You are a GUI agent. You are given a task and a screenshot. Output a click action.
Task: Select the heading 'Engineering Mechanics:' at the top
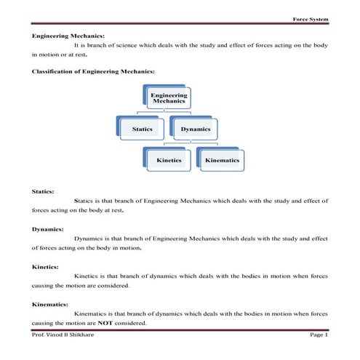click(x=68, y=35)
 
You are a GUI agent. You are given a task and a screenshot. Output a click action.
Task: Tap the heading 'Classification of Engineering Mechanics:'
click(x=93, y=71)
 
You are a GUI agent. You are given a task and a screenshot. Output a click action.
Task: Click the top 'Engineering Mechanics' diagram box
click(x=169, y=99)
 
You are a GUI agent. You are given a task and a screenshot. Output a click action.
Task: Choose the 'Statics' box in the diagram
click(x=143, y=129)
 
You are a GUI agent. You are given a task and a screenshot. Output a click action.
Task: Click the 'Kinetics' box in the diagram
click(x=169, y=159)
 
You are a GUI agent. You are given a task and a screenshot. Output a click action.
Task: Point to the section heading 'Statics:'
click(x=43, y=191)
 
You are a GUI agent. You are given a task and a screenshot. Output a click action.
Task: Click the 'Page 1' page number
click(x=319, y=335)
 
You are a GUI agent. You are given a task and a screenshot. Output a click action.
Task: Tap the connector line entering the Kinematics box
click(x=221, y=145)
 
